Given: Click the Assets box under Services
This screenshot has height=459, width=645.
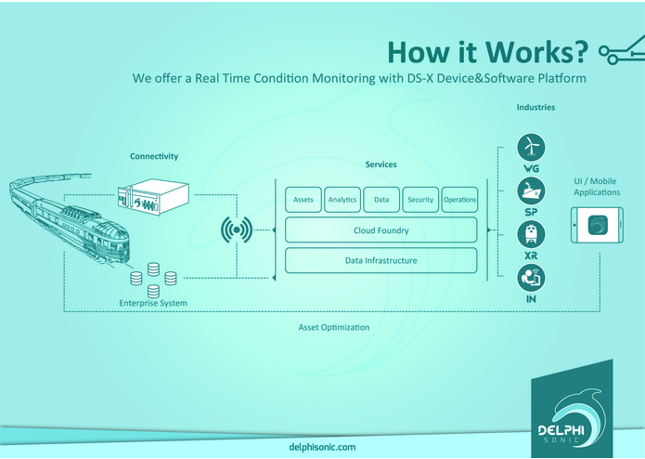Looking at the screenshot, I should (x=303, y=200).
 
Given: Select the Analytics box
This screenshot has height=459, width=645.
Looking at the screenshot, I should (x=342, y=200).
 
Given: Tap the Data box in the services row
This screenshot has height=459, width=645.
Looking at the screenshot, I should (x=381, y=200).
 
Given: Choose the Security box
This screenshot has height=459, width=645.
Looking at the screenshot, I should (x=420, y=200).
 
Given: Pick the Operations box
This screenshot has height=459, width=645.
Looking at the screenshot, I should (x=459, y=200).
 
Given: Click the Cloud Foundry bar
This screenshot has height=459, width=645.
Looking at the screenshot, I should (x=381, y=229).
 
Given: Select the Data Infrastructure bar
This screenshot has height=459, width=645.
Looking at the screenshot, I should (x=381, y=260).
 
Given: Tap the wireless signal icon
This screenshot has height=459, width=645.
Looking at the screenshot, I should (x=237, y=229).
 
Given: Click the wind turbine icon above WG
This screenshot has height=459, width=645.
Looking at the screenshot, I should (x=531, y=147).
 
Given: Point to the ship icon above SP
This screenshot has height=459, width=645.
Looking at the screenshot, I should (x=531, y=191).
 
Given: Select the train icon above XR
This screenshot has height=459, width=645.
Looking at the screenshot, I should (x=531, y=233).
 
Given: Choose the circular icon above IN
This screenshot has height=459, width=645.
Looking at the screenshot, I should (x=531, y=276).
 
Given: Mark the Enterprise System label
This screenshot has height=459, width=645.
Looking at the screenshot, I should (x=153, y=304).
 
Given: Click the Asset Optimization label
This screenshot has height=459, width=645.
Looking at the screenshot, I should (x=334, y=328).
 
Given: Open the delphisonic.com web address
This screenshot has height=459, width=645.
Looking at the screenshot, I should (x=322, y=447).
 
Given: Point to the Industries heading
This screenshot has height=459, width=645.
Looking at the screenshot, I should (x=535, y=108).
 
